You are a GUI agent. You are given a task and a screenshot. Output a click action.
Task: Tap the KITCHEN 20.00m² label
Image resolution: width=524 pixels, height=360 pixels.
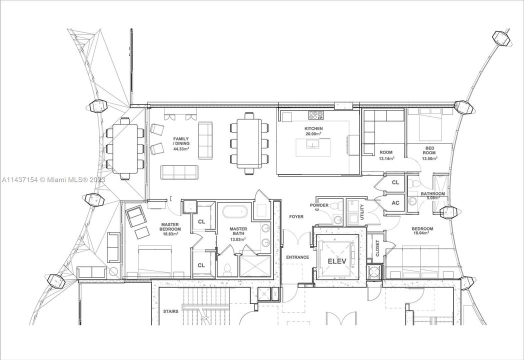tap(314, 131)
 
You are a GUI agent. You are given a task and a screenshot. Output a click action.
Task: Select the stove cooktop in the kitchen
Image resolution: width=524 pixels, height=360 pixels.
tap(316, 116)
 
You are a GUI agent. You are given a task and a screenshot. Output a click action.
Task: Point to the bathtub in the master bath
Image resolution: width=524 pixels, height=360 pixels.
tap(234, 212)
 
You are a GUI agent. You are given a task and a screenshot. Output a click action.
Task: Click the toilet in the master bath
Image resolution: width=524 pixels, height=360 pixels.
tap(228, 268)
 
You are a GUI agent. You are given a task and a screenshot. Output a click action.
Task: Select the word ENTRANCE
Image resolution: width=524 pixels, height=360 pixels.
tap(297, 257)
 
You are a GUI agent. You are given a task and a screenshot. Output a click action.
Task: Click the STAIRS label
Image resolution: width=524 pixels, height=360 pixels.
tap(171, 311)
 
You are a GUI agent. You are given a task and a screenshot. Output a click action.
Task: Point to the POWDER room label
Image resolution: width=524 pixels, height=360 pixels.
tap(319, 205)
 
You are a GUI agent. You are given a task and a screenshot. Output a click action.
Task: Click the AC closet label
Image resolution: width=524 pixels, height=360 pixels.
tap(395, 203)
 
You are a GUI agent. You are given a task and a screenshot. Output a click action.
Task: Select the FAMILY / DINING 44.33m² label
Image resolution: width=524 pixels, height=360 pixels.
tap(181, 143)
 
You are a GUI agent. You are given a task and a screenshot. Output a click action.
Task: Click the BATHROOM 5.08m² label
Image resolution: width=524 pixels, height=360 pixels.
tap(432, 196)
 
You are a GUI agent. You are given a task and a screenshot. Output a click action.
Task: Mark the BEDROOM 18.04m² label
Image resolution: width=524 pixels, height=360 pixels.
tap(422, 231)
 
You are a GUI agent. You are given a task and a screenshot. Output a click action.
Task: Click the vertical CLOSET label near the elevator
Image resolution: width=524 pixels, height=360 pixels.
tap(377, 248)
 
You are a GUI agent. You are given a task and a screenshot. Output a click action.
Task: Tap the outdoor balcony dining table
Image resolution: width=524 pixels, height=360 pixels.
tap(124, 147)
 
